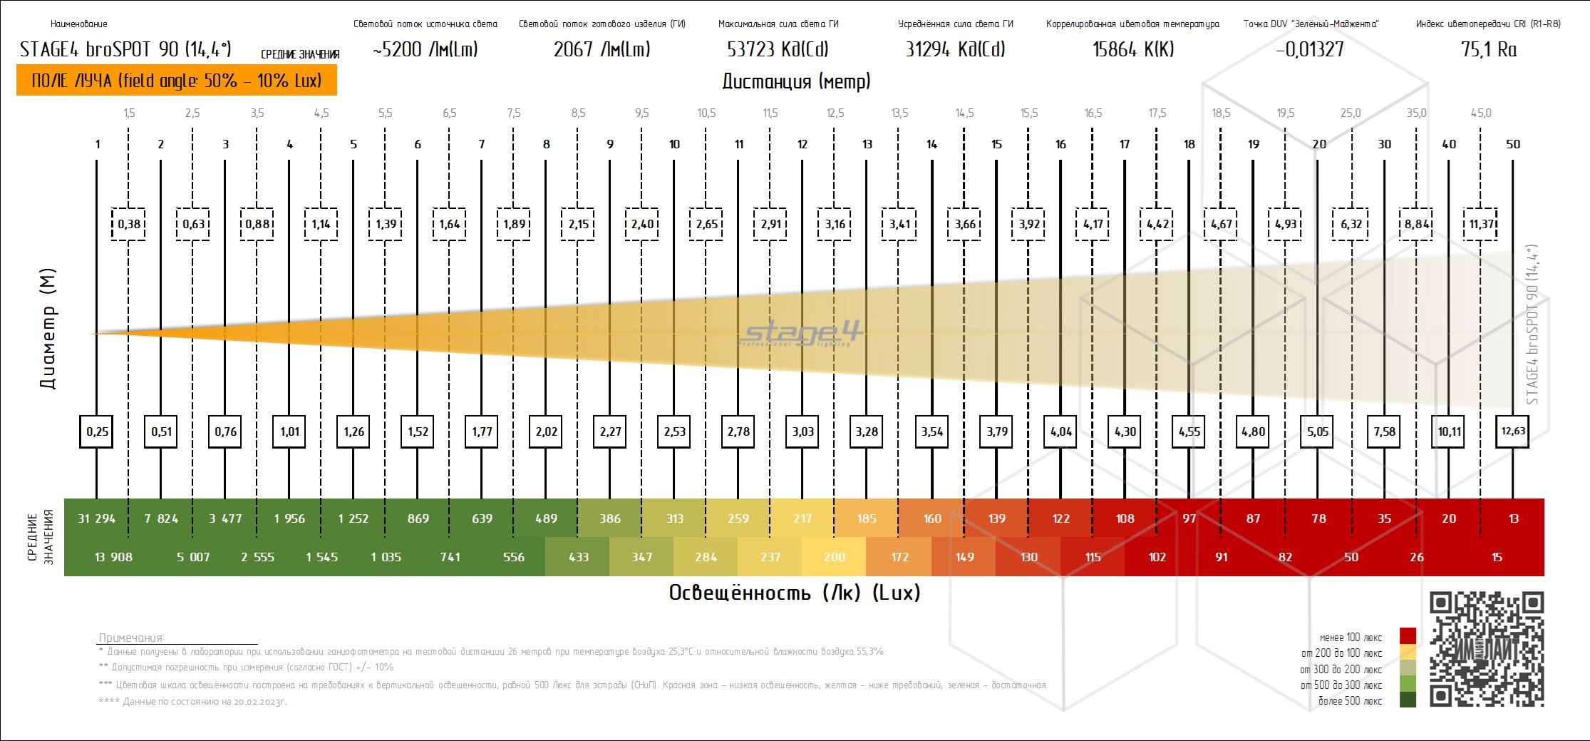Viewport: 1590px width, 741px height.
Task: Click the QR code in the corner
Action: coord(1486,649)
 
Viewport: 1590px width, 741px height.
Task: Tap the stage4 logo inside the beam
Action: coord(802,334)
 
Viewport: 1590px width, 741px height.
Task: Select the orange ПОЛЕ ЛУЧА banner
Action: coord(177,80)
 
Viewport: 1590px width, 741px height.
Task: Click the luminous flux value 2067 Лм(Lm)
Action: coord(602,49)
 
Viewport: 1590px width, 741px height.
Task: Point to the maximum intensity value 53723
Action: coord(778,49)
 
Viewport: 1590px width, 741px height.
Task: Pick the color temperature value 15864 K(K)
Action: coord(1132,49)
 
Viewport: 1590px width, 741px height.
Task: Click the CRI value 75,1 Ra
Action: coord(1488,49)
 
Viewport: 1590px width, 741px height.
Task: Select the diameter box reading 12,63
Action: coord(1512,431)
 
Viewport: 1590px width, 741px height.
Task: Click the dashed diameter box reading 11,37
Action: coord(1480,224)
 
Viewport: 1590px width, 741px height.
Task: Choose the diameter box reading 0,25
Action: coord(97,431)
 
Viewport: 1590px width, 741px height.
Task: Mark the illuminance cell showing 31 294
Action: coord(96,518)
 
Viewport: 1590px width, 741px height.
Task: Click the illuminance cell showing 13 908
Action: coord(113,557)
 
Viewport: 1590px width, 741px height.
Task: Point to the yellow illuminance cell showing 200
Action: coord(834,557)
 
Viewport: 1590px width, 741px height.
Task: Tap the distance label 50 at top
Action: coord(1512,144)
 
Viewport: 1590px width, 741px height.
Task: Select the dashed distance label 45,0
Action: coord(1480,113)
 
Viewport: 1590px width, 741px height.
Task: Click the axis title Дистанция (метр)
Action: coord(796,81)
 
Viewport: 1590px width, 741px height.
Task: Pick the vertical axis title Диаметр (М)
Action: coord(48,329)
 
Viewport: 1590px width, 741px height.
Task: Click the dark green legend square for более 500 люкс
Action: coord(1408,700)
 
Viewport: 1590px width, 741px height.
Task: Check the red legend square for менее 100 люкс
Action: coord(1408,636)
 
